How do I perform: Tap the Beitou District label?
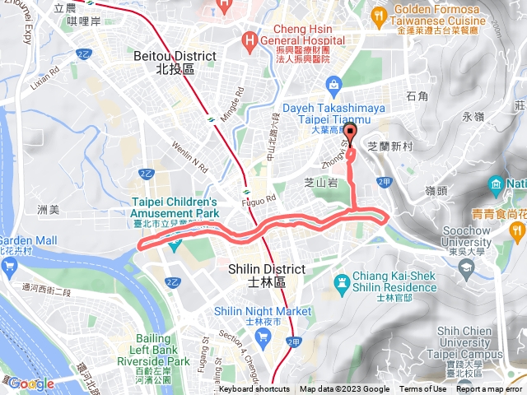click(174, 63)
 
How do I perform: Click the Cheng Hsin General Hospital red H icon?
click(249, 39)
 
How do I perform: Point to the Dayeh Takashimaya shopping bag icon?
click(333, 84)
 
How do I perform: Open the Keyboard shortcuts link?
click(254, 389)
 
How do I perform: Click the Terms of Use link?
click(423, 389)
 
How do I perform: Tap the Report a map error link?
click(489, 389)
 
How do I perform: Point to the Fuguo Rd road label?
click(262, 197)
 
